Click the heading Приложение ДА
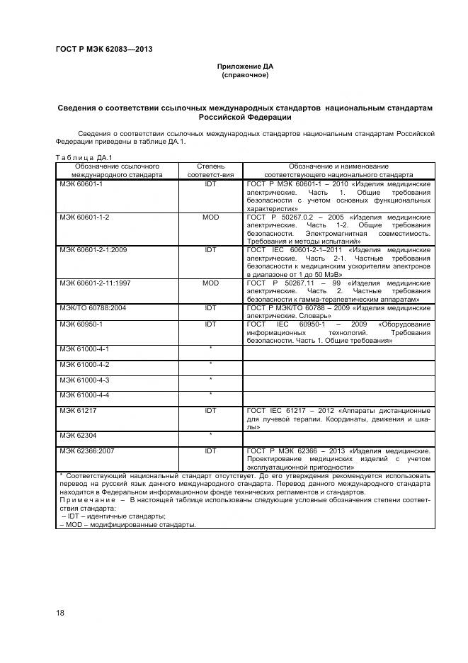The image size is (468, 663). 244,67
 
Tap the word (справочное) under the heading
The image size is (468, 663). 244,74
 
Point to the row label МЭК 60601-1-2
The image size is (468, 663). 84,217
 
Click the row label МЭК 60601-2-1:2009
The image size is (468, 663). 92,250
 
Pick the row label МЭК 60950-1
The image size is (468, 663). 81,324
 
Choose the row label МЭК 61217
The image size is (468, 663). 76,410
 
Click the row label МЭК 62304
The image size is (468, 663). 76,434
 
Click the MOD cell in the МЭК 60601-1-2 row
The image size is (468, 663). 211,217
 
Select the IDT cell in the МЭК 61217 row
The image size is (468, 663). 211,410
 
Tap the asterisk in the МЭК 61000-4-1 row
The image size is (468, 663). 211,349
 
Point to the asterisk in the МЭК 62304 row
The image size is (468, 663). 211,434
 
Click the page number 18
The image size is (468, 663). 60,611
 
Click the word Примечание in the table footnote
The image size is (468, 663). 81,499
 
